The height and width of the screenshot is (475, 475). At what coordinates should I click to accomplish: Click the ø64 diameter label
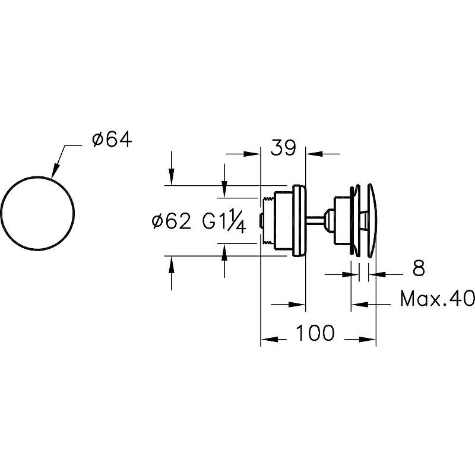112,140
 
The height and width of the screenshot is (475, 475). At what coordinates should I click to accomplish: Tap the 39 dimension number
283,148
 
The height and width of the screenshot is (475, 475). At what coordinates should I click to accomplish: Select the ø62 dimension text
172,221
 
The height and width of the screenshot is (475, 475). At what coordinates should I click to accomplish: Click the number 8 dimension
419,268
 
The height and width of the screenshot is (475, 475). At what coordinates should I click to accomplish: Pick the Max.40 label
437,299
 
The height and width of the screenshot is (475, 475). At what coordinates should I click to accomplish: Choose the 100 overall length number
315,332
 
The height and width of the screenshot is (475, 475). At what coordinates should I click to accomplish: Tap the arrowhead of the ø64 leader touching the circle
55,171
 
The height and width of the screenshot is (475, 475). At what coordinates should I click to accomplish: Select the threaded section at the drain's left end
268,221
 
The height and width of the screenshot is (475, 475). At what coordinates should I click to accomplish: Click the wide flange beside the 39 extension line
300,221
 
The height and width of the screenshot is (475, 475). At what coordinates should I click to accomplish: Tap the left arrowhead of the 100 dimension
268,339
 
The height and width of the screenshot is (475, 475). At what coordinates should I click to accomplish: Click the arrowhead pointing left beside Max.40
359,304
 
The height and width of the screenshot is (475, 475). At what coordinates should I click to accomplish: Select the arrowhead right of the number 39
313,154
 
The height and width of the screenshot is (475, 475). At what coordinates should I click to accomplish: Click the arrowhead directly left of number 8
350,274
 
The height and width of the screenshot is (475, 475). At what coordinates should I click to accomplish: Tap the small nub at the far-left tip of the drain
261,221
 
